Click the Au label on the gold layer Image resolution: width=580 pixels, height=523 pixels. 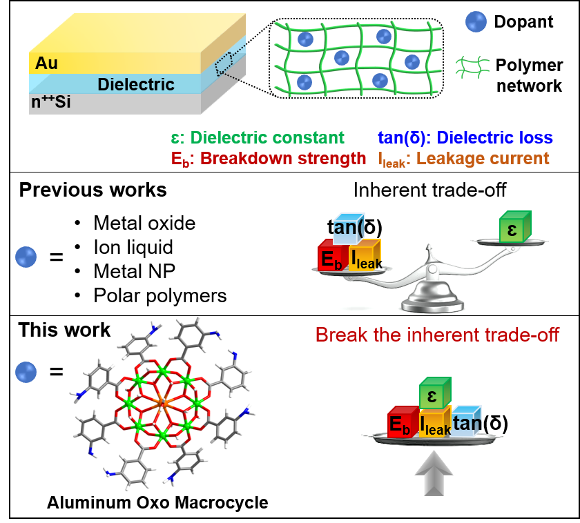(46, 64)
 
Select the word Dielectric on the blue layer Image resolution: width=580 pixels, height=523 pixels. (136, 85)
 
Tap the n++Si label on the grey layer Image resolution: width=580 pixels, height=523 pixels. (51, 104)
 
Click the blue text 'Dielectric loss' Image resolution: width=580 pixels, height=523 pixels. (495, 137)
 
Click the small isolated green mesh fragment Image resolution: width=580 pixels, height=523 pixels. (472, 67)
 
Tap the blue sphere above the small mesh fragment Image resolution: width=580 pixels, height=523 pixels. (476, 21)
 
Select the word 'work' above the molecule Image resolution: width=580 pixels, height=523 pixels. (89, 330)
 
